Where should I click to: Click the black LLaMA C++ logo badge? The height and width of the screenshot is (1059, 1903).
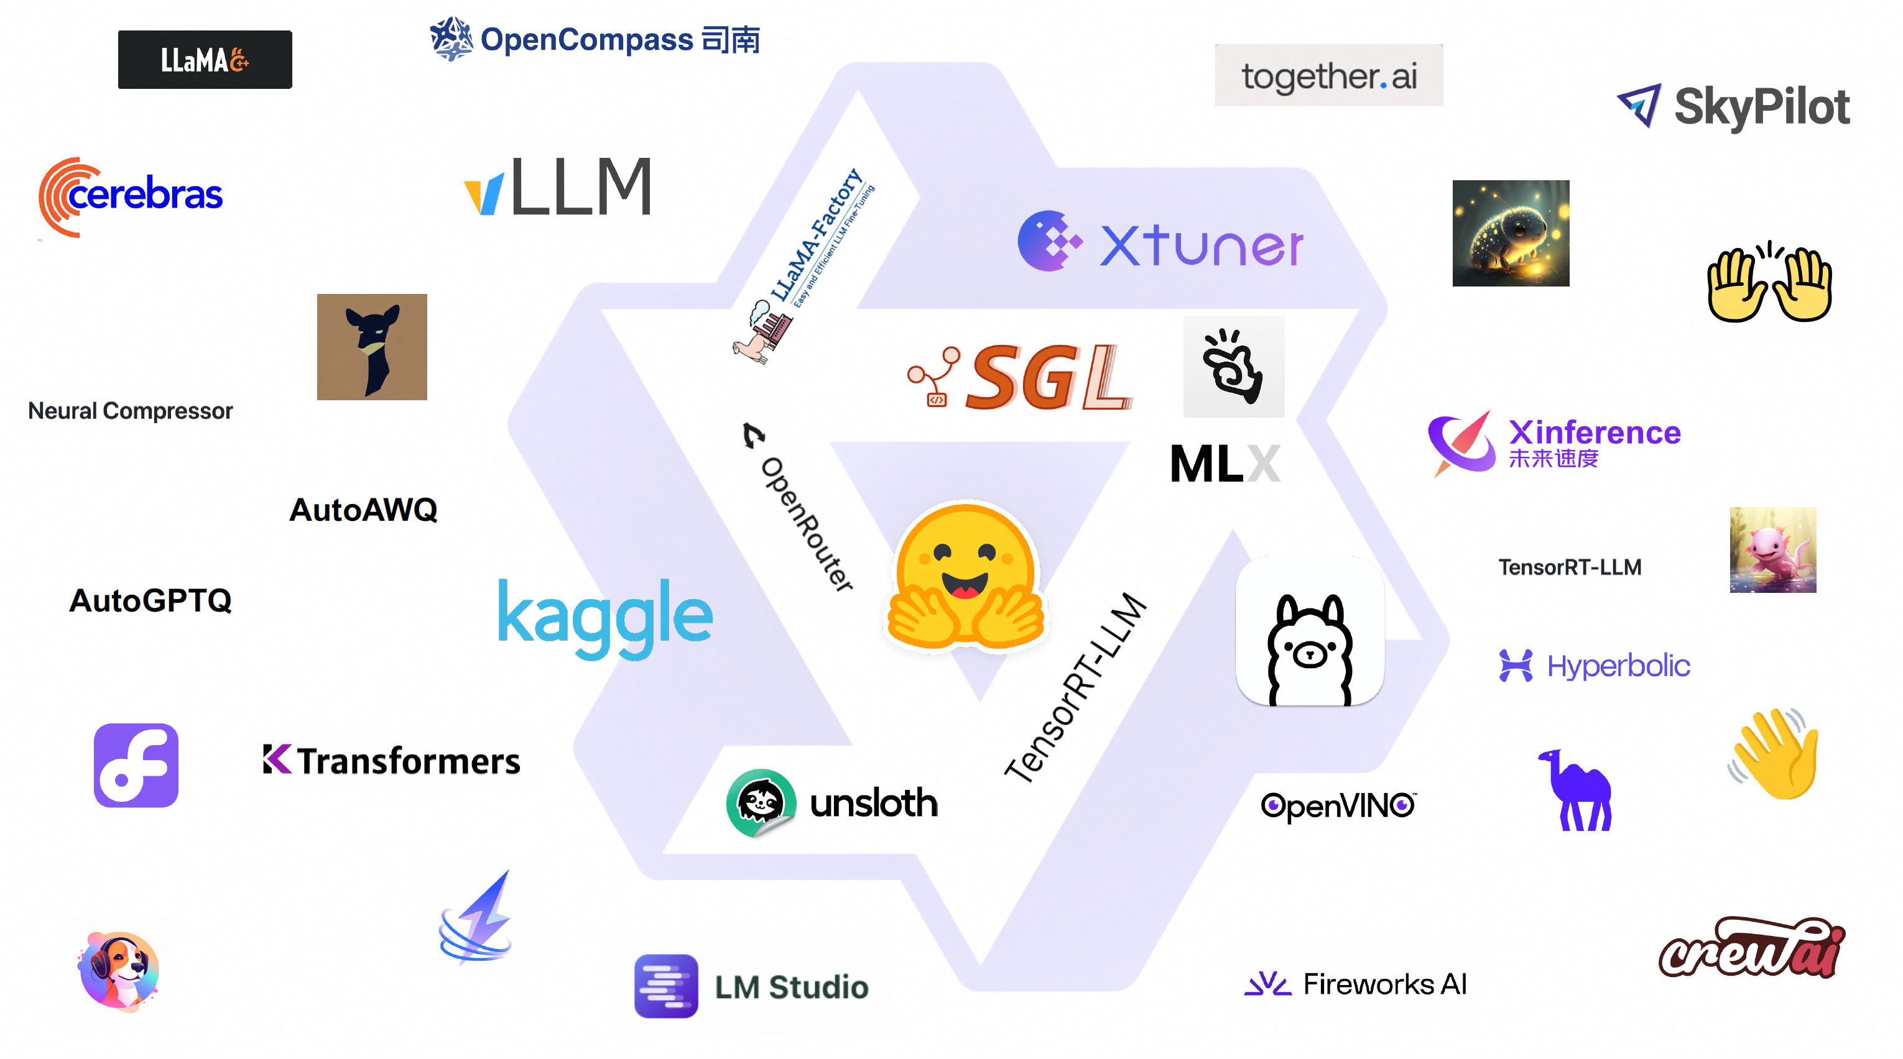[205, 59]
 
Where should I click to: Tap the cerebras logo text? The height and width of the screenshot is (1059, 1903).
[145, 195]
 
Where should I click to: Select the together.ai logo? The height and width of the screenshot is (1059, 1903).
[1328, 76]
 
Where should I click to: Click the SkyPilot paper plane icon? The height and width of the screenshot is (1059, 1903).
[1639, 105]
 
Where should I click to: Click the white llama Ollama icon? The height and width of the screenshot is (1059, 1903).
[1309, 632]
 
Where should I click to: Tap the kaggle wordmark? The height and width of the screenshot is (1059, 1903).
[605, 616]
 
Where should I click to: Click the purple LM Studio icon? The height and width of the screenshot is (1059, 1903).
[665, 986]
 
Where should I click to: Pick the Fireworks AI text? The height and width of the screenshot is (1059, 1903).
[1384, 984]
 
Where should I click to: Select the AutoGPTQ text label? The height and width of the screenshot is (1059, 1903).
[150, 600]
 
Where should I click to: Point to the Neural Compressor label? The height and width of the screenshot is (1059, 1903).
[130, 411]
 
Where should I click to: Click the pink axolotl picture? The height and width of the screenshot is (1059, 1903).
[1772, 550]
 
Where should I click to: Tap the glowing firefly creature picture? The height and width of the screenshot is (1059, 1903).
[1510, 233]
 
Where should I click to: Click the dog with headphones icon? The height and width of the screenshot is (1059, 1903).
[119, 970]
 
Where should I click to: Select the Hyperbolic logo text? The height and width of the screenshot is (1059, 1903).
[1618, 666]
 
